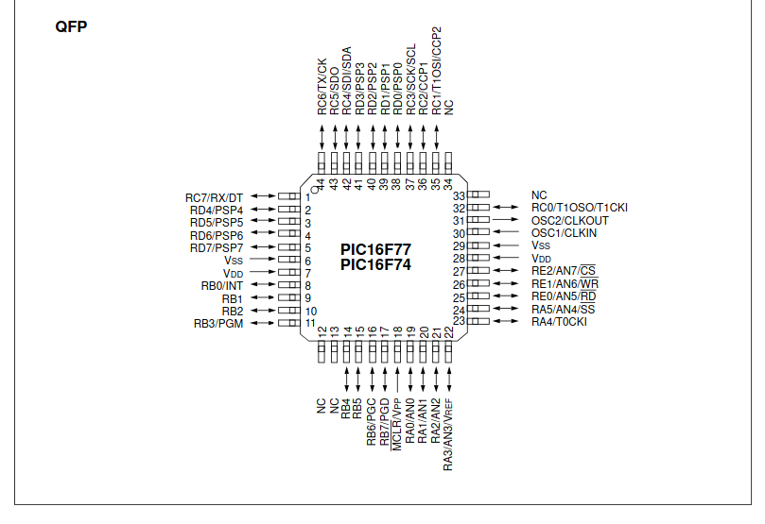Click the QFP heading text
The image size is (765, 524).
[72, 26]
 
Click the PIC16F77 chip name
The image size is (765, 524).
[375, 249]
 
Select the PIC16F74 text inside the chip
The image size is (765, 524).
[375, 264]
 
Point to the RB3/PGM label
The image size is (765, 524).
[218, 324]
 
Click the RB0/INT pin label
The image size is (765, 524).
[222, 286]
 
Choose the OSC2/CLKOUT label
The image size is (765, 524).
[569, 221]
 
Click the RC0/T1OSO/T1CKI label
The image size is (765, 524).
[580, 208]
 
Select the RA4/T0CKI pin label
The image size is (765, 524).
[559, 323]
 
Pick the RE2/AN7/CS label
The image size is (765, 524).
[564, 271]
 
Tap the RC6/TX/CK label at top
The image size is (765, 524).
[322, 86]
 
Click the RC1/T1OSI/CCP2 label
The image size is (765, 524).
[436, 71]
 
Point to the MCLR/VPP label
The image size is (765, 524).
[397, 426]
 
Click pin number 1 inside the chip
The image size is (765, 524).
[308, 197]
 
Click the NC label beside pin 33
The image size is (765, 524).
[538, 195]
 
